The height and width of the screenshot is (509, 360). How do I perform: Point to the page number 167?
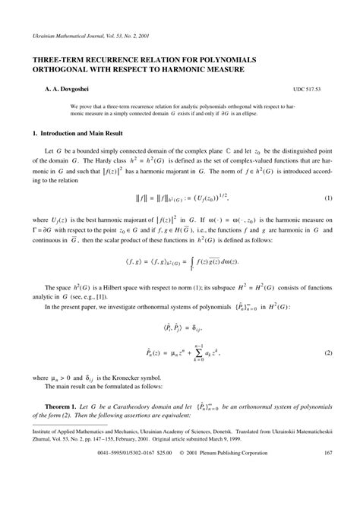(x=329, y=476)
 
